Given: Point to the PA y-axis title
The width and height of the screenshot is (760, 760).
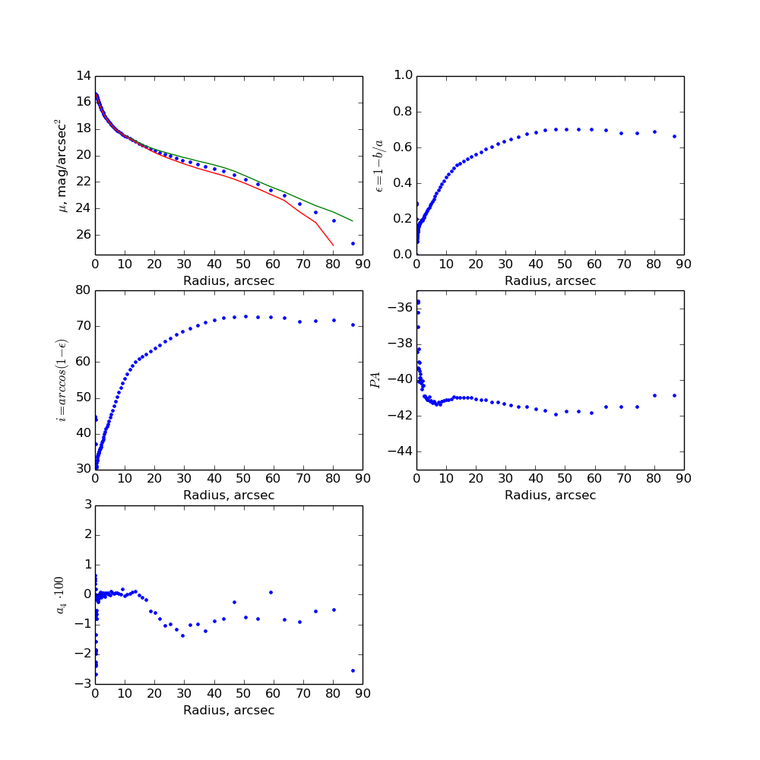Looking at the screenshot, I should (x=375, y=380).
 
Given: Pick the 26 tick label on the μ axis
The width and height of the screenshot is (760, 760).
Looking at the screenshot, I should (x=84, y=235).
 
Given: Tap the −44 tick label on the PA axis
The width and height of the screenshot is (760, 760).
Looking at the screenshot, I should (x=398, y=451).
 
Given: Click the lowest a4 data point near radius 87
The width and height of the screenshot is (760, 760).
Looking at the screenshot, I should (x=353, y=670).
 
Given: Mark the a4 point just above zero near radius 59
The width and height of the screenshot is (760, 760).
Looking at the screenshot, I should (x=271, y=592).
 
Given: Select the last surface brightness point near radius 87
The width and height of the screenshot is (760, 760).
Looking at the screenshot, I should (x=353, y=243).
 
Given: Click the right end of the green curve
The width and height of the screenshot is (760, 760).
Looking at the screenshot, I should (x=353, y=221).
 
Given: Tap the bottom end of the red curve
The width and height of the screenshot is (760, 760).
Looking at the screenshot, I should (x=333, y=245).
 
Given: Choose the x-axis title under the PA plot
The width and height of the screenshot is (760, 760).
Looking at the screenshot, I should (x=550, y=496).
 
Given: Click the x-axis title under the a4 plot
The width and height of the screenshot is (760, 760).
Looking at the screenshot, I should (x=229, y=711).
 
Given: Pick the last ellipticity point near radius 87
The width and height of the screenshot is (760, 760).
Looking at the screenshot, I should (x=674, y=136).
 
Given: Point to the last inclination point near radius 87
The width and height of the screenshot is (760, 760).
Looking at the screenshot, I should (x=353, y=325).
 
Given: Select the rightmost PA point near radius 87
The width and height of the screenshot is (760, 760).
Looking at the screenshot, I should (x=674, y=395).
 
